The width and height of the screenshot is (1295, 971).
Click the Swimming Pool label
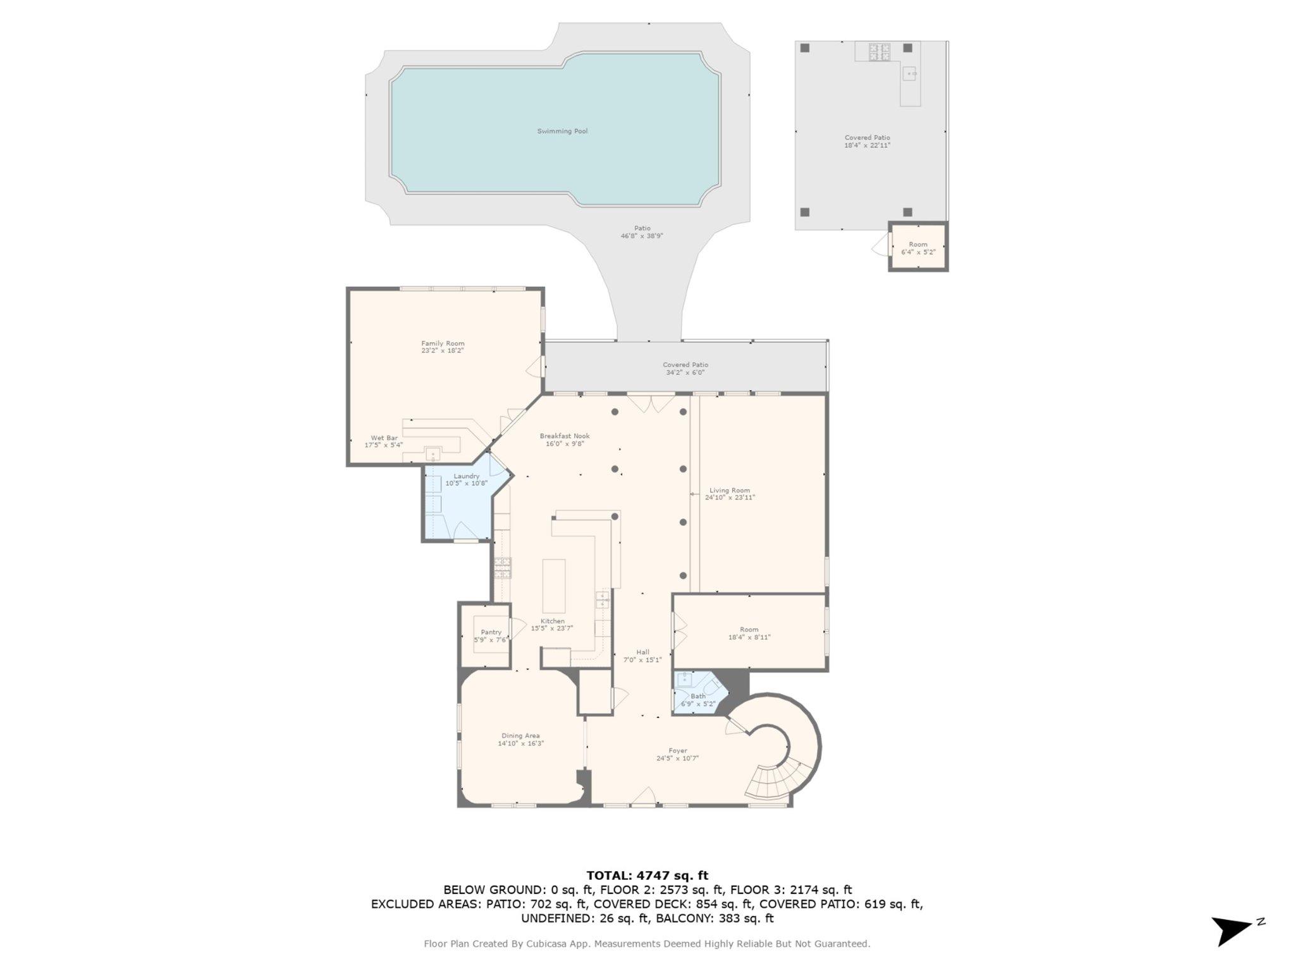[x=562, y=131]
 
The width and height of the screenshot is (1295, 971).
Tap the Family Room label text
[x=443, y=344]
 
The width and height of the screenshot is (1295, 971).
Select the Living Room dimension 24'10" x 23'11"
[x=730, y=498]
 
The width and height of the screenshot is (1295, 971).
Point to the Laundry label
[x=467, y=476]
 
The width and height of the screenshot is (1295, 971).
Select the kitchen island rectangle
[x=554, y=585]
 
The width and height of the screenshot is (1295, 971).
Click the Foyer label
[x=677, y=751]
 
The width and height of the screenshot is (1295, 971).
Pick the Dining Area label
[x=520, y=736]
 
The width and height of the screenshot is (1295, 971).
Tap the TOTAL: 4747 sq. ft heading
[x=647, y=876]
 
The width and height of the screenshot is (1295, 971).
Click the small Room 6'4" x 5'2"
[x=918, y=247]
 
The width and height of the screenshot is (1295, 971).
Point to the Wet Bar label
[x=384, y=438]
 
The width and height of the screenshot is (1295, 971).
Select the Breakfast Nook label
[x=565, y=436]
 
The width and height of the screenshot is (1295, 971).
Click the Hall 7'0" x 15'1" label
[x=642, y=656]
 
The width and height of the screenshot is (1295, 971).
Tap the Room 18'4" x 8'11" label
[x=749, y=633]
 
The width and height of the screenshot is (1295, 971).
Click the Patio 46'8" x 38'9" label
[x=642, y=232]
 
